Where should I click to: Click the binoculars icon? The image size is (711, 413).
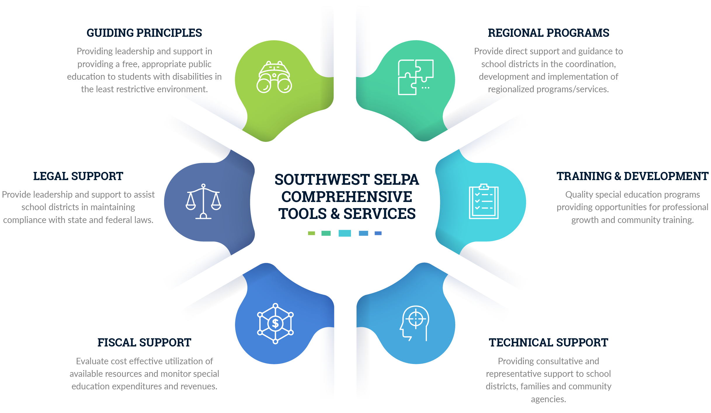click(x=274, y=77)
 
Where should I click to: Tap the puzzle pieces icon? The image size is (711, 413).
click(x=416, y=77)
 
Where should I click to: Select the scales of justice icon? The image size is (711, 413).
click(x=204, y=201)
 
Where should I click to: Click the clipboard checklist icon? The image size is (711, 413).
click(x=484, y=201)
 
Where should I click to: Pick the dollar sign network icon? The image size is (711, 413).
click(x=275, y=323)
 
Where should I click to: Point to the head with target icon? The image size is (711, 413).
click(x=415, y=323)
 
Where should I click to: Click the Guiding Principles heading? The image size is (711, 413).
click(x=144, y=33)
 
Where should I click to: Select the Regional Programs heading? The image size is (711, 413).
click(x=548, y=33)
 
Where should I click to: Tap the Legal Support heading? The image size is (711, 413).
click(x=78, y=176)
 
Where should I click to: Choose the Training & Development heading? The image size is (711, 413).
click(x=632, y=176)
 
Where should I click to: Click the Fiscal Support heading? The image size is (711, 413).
click(x=144, y=343)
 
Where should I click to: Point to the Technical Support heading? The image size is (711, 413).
click(x=548, y=343)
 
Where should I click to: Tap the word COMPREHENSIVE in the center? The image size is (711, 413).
click(x=347, y=197)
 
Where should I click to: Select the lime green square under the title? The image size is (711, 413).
click(x=312, y=233)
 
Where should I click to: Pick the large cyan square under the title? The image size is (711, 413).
click(x=345, y=233)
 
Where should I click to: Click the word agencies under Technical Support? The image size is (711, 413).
click(x=548, y=399)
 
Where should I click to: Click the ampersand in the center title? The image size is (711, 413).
click(x=335, y=214)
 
